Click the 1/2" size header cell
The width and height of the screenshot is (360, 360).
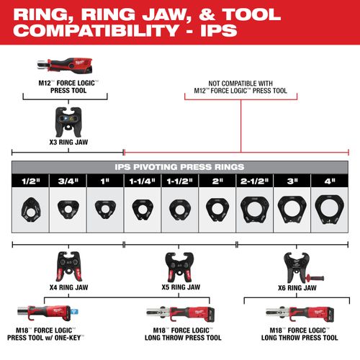[30, 182]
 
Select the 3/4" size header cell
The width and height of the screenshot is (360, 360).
[68, 182]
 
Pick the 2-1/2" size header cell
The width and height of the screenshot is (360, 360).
[254, 182]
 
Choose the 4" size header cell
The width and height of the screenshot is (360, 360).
[329, 182]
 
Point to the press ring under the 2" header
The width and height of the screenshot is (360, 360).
[217, 210]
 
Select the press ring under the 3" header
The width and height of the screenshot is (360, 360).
[292, 210]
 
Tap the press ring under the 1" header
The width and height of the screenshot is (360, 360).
[105, 209]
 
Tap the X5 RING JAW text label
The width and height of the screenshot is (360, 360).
[179, 288]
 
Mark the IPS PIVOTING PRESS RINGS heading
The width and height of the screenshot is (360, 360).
[179, 166]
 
